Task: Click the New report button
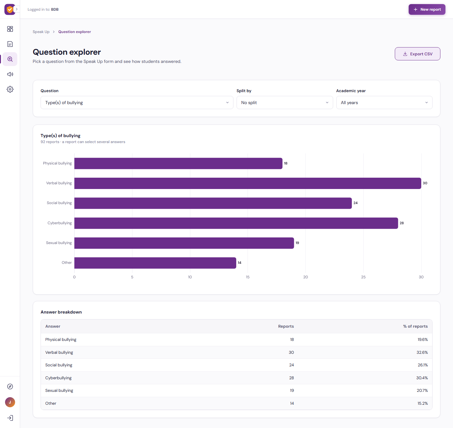tap(427, 9)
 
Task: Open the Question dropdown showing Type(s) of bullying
tap(137, 103)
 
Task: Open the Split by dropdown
tap(285, 103)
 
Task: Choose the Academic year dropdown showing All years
tap(384, 103)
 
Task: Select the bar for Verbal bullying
tap(248, 183)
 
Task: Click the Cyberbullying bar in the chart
tap(236, 223)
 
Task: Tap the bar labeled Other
tap(155, 263)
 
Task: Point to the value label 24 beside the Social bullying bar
tap(355, 203)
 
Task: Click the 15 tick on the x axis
tap(248, 277)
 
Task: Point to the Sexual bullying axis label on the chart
tap(59, 243)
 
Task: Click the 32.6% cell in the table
tap(422, 352)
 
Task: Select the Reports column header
tap(286, 326)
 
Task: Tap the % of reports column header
tap(415, 326)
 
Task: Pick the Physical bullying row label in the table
tap(61, 340)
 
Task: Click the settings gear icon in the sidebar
tap(10, 89)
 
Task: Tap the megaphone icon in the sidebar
tap(10, 74)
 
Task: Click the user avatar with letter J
tap(10, 402)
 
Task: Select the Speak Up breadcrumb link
tap(41, 32)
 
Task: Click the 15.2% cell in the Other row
tap(422, 403)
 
